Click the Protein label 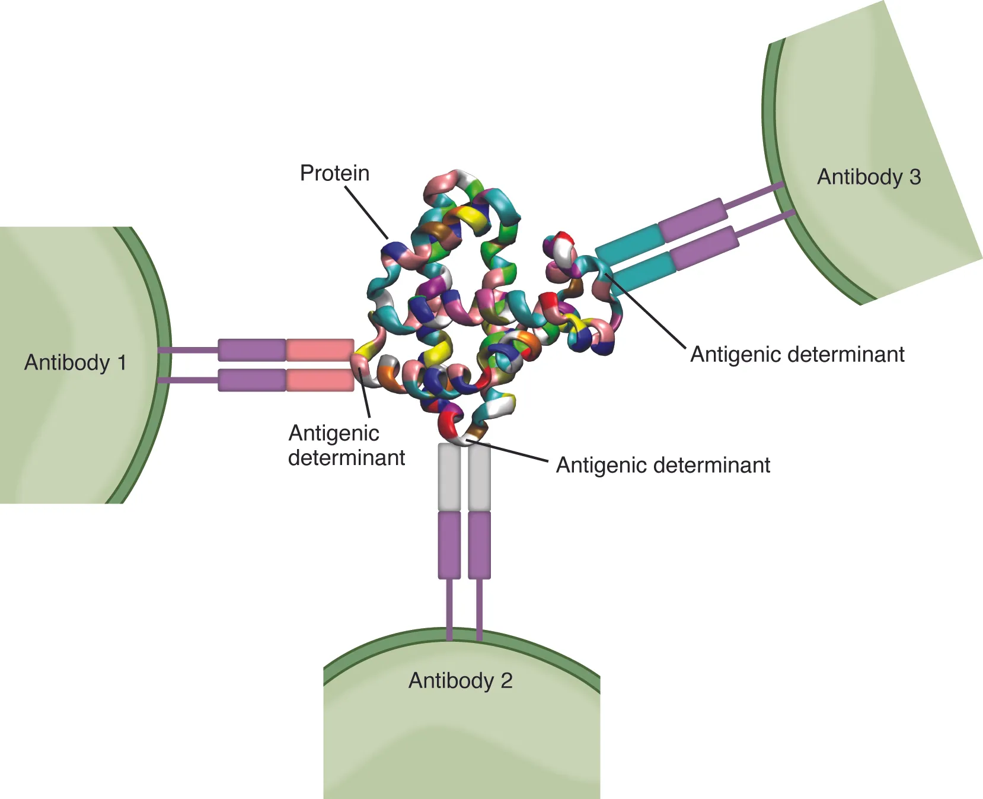(334, 173)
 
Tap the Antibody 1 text (75, 362)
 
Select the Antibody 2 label (460, 680)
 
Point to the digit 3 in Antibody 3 (915, 177)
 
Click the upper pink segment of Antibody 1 (320, 350)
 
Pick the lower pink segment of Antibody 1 (320, 380)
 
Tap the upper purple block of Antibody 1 (252, 350)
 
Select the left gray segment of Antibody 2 (449, 476)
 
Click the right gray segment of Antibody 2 (479, 476)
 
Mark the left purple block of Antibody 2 (449, 545)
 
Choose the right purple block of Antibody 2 (479, 545)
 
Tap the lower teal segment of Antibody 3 (643, 272)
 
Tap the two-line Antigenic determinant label (346, 445)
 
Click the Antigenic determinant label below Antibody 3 (797, 354)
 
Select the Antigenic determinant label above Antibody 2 (663, 465)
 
